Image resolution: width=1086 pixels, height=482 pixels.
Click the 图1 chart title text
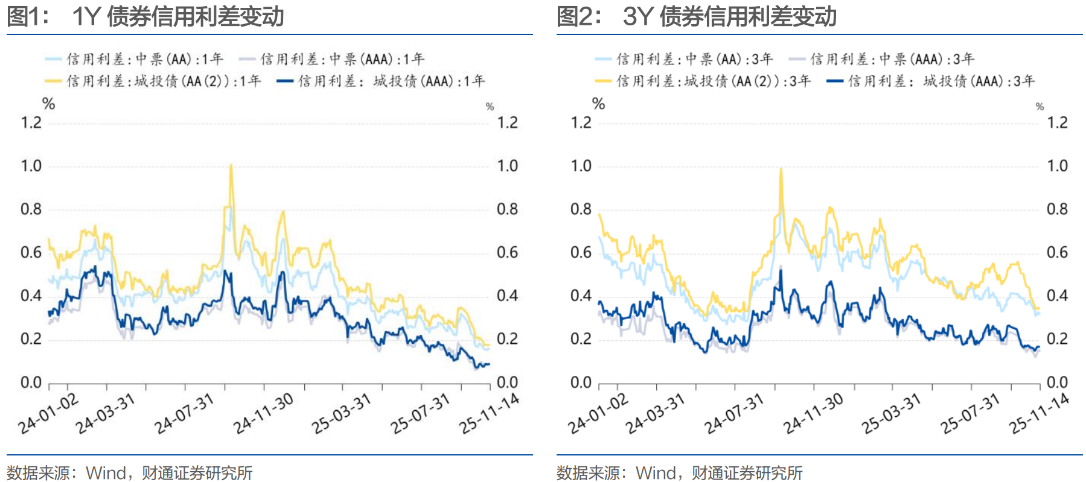pyautogui.click(x=145, y=16)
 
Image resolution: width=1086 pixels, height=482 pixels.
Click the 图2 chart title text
pyautogui.click(x=696, y=16)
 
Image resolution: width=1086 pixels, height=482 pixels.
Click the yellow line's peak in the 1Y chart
pyautogui.click(x=231, y=165)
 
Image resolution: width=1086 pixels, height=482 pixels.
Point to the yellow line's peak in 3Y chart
pyautogui.click(x=781, y=169)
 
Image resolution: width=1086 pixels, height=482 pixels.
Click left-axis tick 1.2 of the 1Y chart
pyautogui.click(x=31, y=123)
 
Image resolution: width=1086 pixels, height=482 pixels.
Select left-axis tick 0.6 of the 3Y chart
pyautogui.click(x=581, y=252)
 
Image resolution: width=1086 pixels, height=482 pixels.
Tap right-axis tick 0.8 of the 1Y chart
pyautogui.click(x=507, y=209)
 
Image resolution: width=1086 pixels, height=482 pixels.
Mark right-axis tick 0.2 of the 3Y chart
pyautogui.click(x=1057, y=339)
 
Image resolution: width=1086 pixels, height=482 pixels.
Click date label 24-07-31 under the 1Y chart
pyautogui.click(x=184, y=414)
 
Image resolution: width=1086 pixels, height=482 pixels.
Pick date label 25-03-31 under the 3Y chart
pyautogui.click(x=891, y=414)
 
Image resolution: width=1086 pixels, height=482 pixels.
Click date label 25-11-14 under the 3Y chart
pyautogui.click(x=1040, y=414)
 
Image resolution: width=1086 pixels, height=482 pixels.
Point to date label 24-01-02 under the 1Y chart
pyautogui.click(x=48, y=414)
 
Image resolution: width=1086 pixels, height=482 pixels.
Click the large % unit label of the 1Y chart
pyautogui.click(x=49, y=104)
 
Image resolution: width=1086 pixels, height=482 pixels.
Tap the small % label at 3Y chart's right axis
pyautogui.click(x=1040, y=107)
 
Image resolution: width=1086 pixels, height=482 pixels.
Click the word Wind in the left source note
pyautogui.click(x=106, y=473)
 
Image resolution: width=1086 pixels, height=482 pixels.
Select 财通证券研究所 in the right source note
pyautogui.click(x=747, y=473)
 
